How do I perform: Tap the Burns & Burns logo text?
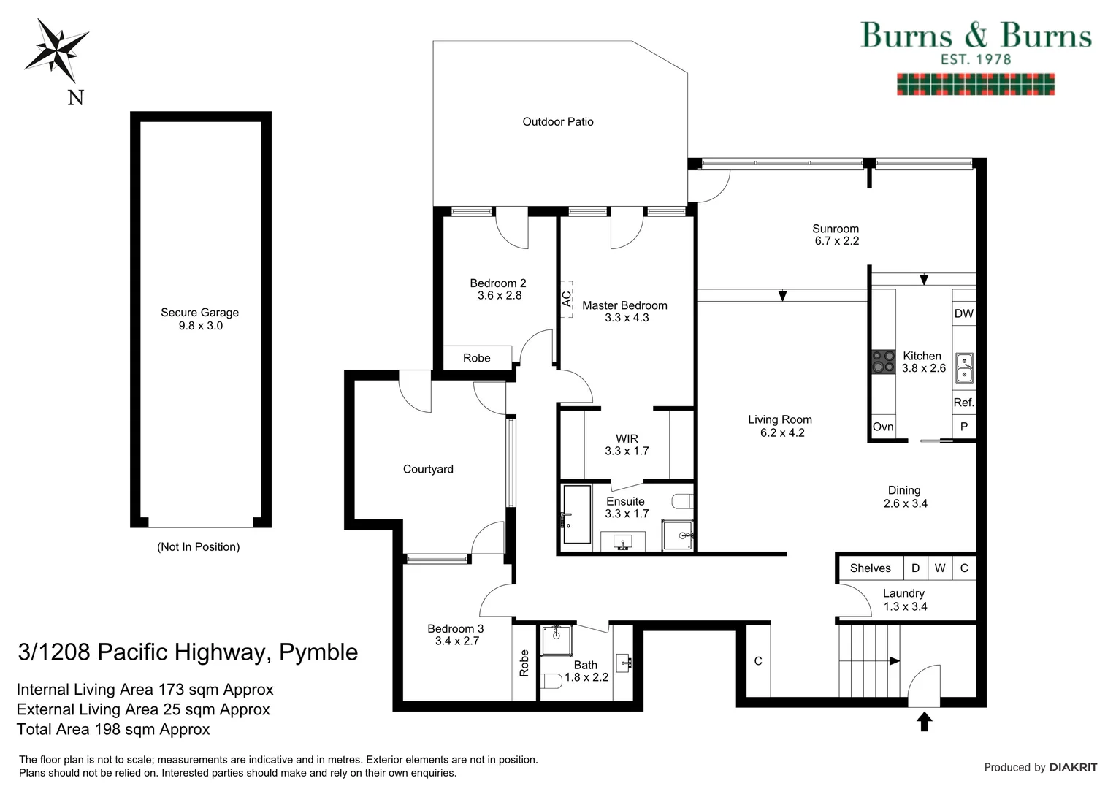click(x=975, y=36)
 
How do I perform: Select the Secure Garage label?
click(x=199, y=313)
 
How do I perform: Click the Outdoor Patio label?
click(x=558, y=122)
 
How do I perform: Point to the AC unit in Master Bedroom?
click(x=567, y=298)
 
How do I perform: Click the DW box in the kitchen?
click(x=963, y=313)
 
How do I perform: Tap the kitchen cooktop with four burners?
click(x=883, y=362)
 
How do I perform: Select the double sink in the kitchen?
click(x=965, y=367)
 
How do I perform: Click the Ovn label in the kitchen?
click(x=883, y=427)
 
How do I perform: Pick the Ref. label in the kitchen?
click(x=963, y=403)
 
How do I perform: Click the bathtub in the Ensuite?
click(x=576, y=514)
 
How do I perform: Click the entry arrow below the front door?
click(x=924, y=722)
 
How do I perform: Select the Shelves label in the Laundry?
click(x=870, y=568)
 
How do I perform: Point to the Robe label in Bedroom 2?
click(x=477, y=358)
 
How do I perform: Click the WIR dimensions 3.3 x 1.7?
click(x=627, y=451)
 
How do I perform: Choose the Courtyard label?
click(x=428, y=469)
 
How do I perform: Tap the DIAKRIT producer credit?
click(x=1073, y=767)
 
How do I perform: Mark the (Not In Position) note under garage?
click(x=198, y=547)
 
